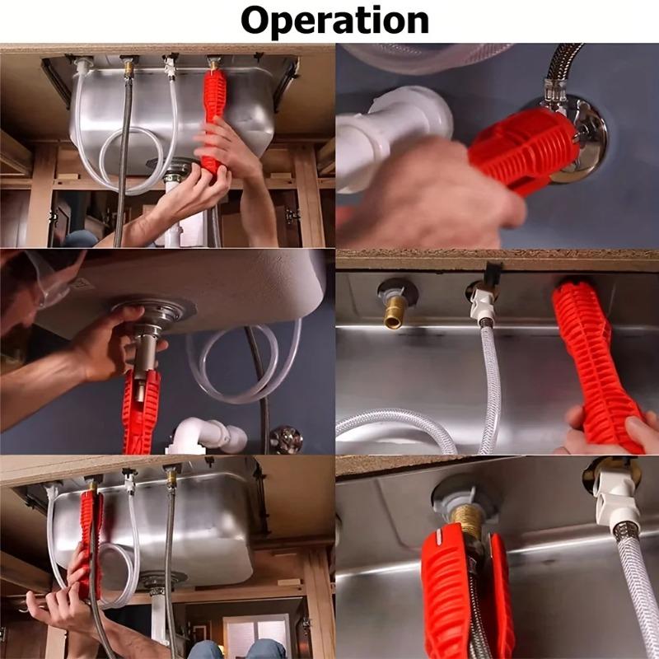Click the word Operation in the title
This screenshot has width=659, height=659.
(x=334, y=20)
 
